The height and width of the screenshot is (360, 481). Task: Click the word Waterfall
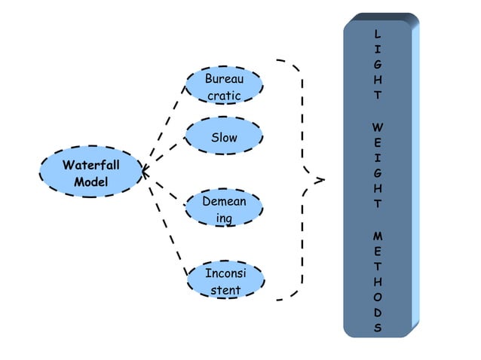point(90,164)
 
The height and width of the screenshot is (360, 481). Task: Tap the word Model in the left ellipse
point(90,182)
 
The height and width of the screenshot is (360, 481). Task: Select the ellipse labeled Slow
point(224,138)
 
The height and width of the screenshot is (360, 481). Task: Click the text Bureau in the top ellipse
point(224,78)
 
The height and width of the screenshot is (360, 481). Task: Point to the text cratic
point(224,96)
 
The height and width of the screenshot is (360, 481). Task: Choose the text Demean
point(223,201)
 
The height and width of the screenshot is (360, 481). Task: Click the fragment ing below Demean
point(224,218)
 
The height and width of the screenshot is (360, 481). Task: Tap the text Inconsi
point(224,272)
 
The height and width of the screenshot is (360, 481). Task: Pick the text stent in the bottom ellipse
point(225,290)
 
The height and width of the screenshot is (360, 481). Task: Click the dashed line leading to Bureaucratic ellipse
point(168,121)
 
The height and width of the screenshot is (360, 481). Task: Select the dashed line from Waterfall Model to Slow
point(167,151)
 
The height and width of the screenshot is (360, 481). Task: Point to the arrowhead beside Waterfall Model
point(146,172)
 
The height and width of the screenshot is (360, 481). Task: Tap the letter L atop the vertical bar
point(377,35)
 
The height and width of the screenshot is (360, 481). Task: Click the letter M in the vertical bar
point(377,236)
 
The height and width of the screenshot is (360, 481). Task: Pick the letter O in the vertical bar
point(377,297)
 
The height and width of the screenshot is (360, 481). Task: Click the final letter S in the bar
point(377,328)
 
